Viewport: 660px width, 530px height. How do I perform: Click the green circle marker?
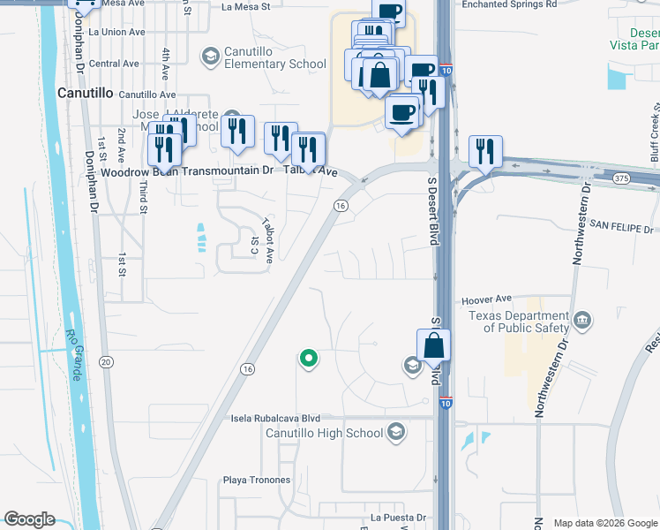point(308,358)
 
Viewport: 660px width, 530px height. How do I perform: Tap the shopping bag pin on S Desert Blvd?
point(433,344)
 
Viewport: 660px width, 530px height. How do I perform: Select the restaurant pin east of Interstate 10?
point(485,151)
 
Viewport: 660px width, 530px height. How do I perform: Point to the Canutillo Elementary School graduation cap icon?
point(210,57)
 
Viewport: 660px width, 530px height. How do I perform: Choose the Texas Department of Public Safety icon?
point(581,319)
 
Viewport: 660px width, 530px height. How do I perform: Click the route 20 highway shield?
point(107,362)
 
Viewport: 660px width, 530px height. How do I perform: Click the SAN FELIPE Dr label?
point(620,226)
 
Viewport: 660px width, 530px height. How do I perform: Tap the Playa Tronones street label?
point(257,481)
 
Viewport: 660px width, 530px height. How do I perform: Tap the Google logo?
point(29,519)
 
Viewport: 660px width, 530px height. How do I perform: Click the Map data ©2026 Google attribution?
point(604,523)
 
